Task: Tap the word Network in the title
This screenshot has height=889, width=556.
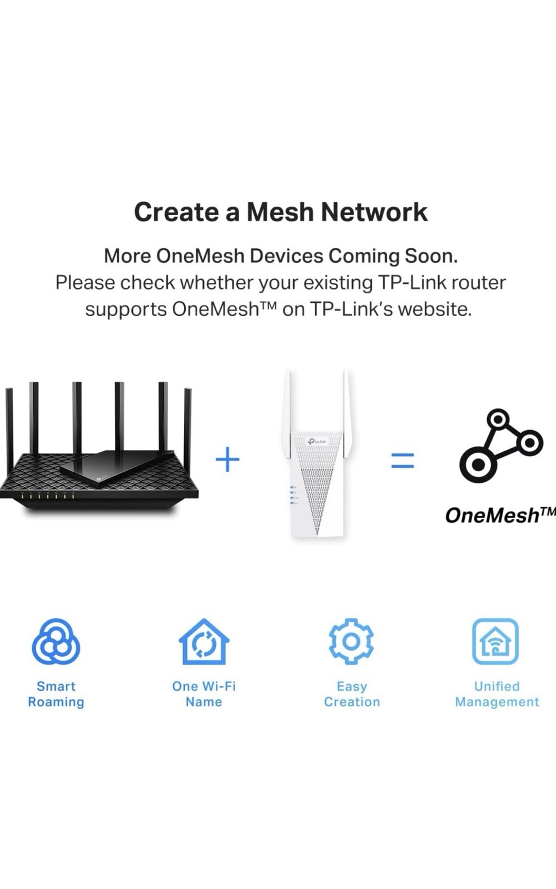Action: (374, 212)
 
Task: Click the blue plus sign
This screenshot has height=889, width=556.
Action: (227, 460)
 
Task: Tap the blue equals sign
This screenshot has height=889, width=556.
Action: (403, 461)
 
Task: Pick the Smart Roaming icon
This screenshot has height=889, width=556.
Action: (56, 642)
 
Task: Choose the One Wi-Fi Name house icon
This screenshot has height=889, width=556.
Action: (204, 642)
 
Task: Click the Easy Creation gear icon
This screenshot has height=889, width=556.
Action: (351, 641)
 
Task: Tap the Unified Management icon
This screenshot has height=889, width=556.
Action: (495, 641)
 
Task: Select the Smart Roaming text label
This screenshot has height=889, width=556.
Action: (56, 694)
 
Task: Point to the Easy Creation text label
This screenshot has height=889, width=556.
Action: (352, 694)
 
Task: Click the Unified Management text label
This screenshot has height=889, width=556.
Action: (497, 694)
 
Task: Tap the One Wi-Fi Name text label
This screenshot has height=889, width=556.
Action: (204, 694)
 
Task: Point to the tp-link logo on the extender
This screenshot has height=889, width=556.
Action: (317, 442)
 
